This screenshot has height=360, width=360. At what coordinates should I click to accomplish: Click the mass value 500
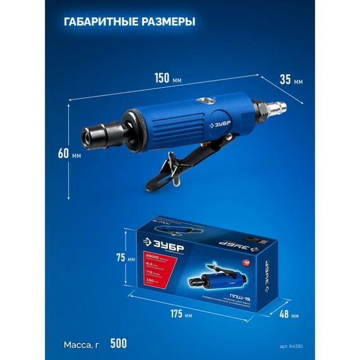point(118,344)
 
